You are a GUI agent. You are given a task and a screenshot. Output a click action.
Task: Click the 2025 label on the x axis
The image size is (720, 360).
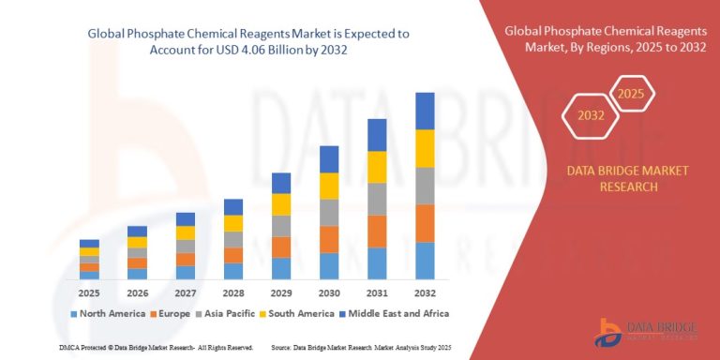click(x=89, y=292)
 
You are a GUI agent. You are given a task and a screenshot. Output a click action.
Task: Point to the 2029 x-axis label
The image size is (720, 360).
click(x=281, y=292)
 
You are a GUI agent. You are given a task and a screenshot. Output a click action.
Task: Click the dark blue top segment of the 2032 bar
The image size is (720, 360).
click(x=426, y=111)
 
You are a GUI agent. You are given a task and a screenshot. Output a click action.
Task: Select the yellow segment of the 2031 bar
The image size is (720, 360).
click(x=377, y=167)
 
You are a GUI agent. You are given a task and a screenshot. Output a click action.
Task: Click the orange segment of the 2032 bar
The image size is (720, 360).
click(x=426, y=223)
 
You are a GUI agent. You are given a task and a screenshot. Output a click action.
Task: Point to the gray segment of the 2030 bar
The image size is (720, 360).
click(x=329, y=213)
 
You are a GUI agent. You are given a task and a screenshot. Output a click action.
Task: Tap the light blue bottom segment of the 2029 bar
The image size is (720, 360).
click(x=281, y=268)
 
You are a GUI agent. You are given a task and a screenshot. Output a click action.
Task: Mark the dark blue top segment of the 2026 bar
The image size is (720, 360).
click(x=137, y=231)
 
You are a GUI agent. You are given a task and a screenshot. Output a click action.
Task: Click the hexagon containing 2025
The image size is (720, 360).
click(x=632, y=94)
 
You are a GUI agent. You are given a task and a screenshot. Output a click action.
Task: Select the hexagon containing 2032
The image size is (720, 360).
click(x=591, y=117)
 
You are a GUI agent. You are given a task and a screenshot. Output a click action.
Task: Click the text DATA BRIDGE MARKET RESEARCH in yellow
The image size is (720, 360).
click(x=615, y=178)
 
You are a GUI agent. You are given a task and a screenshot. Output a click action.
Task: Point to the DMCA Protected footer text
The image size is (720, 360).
click(x=129, y=347)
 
